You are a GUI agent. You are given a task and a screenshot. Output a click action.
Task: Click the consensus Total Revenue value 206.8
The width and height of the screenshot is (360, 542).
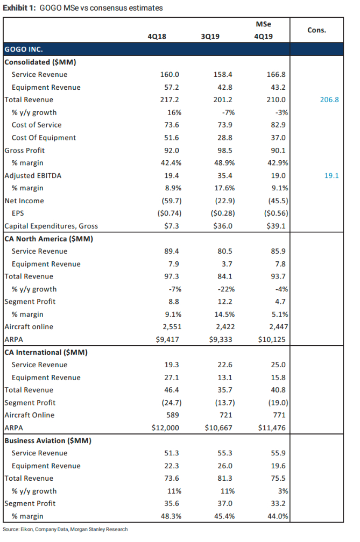[329, 99]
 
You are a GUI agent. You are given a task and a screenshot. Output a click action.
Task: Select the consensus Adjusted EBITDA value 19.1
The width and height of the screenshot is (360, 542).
[331, 176]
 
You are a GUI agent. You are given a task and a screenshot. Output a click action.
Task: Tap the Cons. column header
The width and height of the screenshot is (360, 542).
[317, 30]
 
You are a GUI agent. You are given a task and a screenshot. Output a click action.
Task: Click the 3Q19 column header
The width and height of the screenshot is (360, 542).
[210, 37]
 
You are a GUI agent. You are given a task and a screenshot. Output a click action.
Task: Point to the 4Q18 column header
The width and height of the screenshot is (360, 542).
[157, 37]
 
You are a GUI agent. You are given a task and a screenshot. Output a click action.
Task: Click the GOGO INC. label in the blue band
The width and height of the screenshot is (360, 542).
[24, 49]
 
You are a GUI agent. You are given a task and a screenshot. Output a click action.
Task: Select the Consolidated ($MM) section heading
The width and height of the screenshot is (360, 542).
[40, 62]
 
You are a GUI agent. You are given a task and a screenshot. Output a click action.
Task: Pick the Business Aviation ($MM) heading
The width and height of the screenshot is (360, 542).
[48, 441]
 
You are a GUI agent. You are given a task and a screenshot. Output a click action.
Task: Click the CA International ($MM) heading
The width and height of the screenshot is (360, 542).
[46, 352]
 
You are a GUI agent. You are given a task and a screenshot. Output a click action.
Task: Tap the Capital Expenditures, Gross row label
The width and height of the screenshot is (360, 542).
[51, 226]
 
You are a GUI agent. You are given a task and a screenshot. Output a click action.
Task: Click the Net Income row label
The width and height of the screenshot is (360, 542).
[24, 201]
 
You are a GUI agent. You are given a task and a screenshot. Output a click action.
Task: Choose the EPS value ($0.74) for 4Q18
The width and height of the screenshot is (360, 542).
[170, 213]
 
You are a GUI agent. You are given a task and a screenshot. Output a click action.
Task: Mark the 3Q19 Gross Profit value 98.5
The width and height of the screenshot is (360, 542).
[225, 151]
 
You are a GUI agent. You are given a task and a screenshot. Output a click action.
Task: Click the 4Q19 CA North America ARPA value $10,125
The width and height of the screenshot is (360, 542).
[272, 339]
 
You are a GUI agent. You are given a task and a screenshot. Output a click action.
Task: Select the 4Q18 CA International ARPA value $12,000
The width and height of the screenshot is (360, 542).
[165, 428]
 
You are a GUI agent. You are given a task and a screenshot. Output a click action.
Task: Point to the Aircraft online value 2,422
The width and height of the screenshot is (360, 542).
[225, 327]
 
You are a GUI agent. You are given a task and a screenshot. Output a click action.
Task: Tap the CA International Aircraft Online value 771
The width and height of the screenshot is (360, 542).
[279, 415]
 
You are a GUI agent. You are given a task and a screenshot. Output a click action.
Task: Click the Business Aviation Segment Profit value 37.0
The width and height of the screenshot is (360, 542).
[225, 504]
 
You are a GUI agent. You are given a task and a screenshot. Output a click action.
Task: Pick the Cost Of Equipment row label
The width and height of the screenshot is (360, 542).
[44, 138]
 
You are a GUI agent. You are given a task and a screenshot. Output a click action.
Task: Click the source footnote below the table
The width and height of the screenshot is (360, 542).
[65, 529]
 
